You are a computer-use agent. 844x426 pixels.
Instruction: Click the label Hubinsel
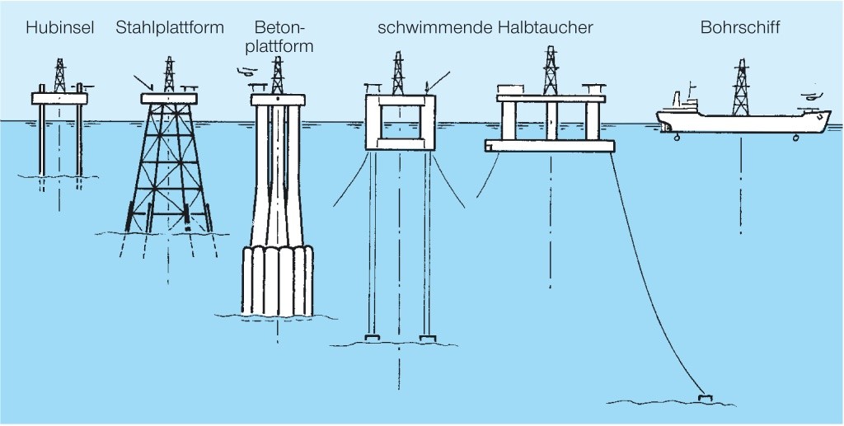click(60, 28)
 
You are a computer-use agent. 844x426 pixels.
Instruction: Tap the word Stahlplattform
click(170, 28)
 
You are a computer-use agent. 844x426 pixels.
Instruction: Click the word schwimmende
click(435, 28)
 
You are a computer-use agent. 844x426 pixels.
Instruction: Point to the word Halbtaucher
click(546, 28)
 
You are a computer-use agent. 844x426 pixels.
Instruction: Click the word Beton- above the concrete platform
click(281, 28)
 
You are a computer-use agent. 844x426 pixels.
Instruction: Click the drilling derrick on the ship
click(741, 87)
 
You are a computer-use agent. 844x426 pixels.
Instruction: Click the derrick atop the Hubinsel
click(59, 76)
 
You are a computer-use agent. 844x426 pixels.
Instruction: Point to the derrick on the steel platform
click(169, 76)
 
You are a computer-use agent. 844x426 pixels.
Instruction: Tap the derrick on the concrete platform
click(278, 76)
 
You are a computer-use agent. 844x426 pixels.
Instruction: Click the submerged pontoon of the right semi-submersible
click(550, 146)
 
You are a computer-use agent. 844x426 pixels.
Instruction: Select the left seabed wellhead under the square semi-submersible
click(372, 338)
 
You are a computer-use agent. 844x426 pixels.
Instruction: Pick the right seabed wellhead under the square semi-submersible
click(427, 338)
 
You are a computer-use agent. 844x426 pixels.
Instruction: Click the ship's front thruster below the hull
click(795, 139)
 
